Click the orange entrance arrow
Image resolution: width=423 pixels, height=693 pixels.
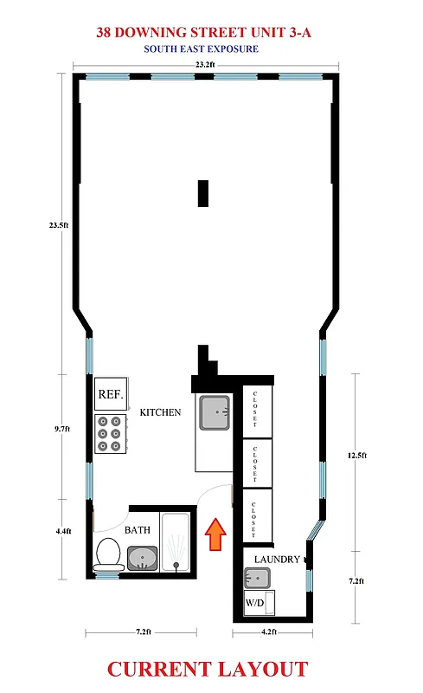(215, 534)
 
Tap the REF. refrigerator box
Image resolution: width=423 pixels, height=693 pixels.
(110, 394)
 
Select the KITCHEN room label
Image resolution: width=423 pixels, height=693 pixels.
(160, 412)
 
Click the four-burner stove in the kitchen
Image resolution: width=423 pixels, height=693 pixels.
(110, 432)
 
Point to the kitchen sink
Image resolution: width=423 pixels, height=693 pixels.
(213, 413)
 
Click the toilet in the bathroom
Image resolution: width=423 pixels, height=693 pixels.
(109, 555)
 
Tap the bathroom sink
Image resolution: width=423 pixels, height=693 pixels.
(143, 558)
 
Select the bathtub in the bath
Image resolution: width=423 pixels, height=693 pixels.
(177, 542)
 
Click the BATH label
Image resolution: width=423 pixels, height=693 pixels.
(138, 528)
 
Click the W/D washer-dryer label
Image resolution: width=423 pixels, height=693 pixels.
(254, 601)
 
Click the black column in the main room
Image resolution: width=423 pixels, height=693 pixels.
(203, 192)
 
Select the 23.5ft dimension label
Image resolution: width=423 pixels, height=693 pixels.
(58, 225)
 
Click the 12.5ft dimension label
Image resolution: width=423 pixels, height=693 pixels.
(356, 456)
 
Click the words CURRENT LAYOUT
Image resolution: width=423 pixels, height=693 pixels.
(207, 669)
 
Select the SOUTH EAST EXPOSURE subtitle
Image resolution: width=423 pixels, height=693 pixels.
(201, 49)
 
